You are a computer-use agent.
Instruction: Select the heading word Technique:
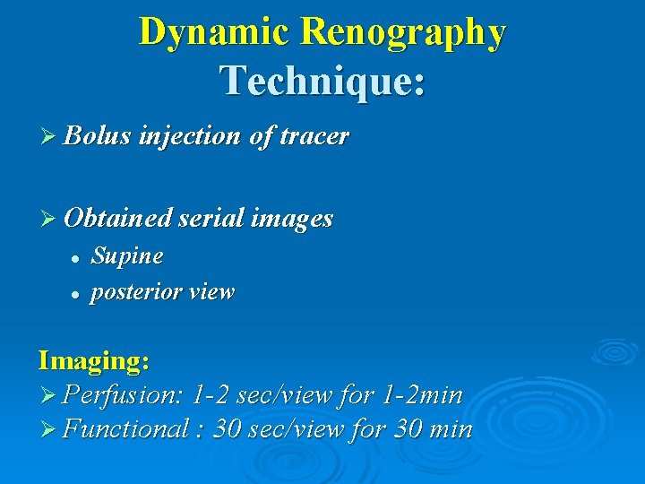pos(322,81)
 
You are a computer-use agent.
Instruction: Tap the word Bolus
pos(98,136)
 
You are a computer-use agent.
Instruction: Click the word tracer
pos(314,136)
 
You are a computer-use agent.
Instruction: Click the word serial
pos(210,218)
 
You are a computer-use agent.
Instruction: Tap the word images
pos(292,218)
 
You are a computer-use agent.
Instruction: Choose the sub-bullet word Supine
pos(127,256)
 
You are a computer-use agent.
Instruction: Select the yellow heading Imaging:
pos(93,361)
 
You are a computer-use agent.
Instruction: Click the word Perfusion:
pos(125,394)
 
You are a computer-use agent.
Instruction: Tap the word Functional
pos(125,429)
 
